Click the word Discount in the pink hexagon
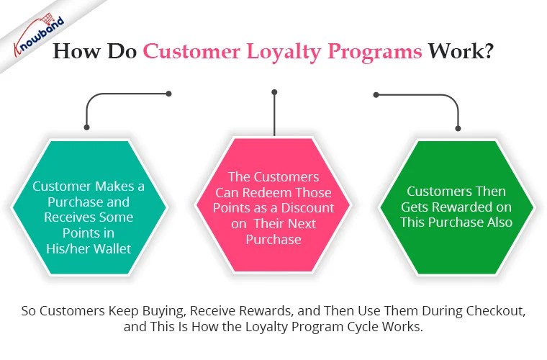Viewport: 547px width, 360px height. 310,207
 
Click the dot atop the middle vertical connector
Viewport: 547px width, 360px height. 273,92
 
